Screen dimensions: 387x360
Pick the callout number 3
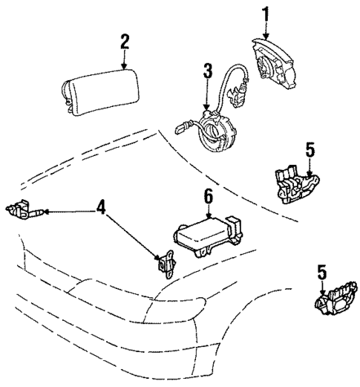pyautogui.click(x=209, y=71)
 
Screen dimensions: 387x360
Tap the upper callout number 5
pyautogui.click(x=310, y=149)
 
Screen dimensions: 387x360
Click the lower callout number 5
pyautogui.click(x=321, y=273)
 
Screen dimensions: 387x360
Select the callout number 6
pyautogui.click(x=209, y=197)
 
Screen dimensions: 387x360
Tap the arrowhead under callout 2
pyautogui.click(x=125, y=66)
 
